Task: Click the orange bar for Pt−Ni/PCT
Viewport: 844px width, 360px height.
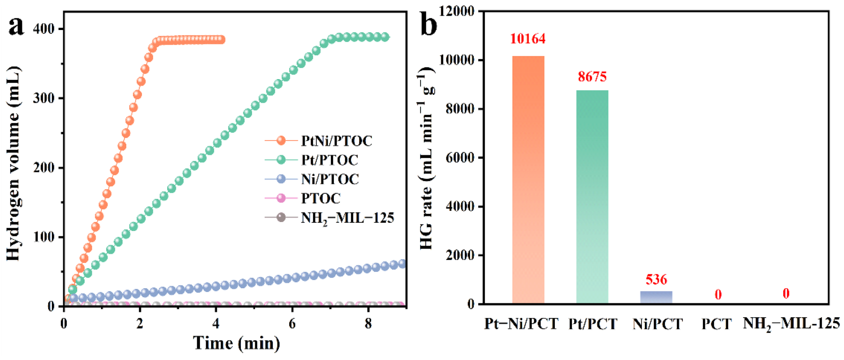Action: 528,179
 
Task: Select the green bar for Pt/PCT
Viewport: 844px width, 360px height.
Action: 592,197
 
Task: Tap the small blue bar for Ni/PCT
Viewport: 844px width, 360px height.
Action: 656,297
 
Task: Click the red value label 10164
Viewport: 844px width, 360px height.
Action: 528,39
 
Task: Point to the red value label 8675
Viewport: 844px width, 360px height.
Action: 592,77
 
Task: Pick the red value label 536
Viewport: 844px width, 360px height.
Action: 656,279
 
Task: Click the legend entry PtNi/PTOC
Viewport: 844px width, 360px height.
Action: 336,141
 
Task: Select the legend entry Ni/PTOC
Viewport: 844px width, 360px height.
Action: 330,179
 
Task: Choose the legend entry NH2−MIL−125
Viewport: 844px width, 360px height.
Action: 347,218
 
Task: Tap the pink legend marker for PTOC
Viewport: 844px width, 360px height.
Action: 281,198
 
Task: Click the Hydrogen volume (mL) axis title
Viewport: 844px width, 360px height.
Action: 13,164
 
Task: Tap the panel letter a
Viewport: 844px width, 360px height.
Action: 16,26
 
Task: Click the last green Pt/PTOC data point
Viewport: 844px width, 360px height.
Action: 385,37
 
